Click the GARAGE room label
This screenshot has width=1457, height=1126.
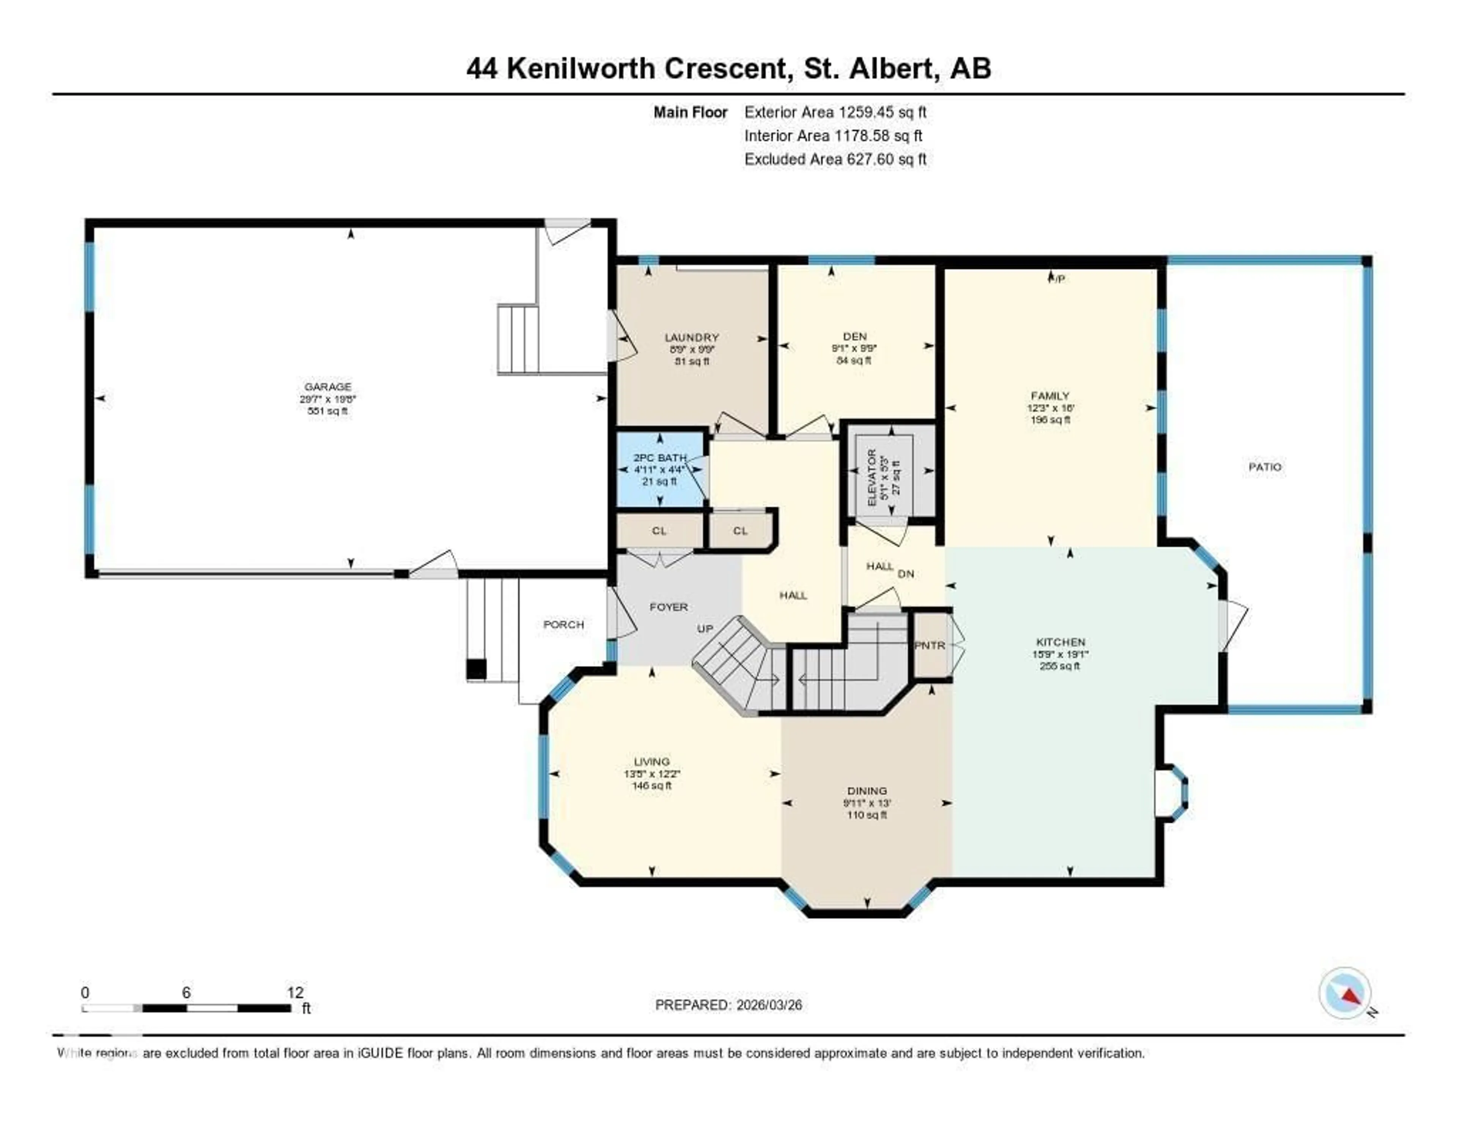coord(327,386)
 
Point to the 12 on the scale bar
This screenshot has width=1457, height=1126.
coord(295,992)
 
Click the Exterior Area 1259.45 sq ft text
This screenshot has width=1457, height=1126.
coord(835,112)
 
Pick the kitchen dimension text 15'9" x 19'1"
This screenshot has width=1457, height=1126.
coord(1060,654)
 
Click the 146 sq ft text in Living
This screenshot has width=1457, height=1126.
coord(652,785)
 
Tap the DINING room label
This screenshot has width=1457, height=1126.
coord(867,791)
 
